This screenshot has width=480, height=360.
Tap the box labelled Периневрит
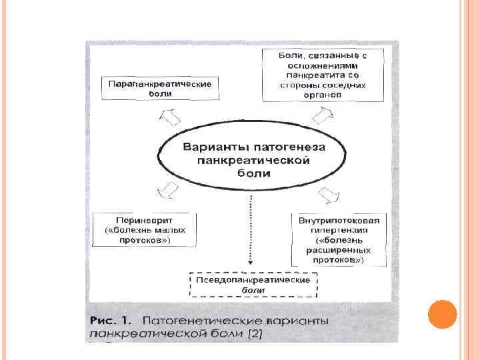(x=146, y=229)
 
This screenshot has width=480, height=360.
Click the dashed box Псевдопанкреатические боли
(x=253, y=285)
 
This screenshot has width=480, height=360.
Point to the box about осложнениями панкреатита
(x=323, y=75)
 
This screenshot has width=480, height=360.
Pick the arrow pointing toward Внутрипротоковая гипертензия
(x=328, y=195)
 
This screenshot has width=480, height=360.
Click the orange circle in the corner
(x=442, y=314)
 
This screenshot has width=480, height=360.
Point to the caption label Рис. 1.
(x=109, y=321)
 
